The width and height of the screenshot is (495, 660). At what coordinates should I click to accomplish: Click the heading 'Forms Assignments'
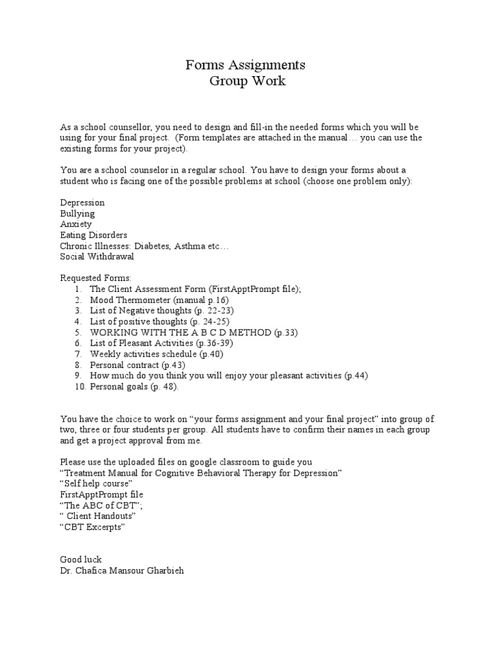[245, 65]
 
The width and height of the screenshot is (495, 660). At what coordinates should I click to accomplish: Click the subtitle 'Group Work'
[247, 82]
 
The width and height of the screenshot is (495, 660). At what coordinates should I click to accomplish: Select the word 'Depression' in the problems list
[82, 202]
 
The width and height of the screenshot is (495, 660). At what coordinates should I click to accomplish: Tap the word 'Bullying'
[77, 213]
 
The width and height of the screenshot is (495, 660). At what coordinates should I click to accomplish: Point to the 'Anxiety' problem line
[76, 224]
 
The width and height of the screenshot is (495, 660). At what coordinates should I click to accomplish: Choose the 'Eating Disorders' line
[93, 235]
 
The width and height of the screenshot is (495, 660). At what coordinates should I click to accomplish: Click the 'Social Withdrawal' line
[97, 257]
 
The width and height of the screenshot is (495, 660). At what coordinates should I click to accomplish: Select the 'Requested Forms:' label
[95, 278]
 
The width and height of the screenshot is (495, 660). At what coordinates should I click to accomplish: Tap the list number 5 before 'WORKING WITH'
[77, 333]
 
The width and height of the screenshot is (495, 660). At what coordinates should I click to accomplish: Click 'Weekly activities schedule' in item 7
[144, 354]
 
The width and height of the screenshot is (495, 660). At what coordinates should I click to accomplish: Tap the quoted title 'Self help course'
[97, 483]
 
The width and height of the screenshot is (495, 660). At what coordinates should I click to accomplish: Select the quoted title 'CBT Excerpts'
[92, 527]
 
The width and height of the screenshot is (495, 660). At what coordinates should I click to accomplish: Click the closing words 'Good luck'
[81, 559]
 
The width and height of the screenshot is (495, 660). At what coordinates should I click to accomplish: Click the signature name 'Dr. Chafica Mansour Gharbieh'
[122, 570]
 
